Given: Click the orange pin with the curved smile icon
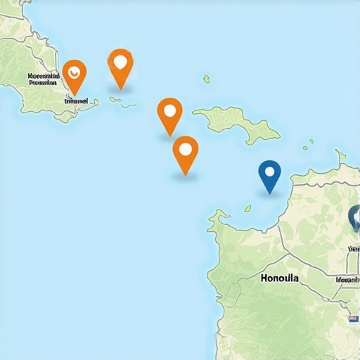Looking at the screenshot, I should tap(74, 72).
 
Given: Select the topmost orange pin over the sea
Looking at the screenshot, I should tap(121, 64).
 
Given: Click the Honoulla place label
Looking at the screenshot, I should tap(279, 278).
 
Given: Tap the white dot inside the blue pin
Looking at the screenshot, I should tap(269, 170).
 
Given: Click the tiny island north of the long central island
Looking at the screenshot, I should tap(207, 79).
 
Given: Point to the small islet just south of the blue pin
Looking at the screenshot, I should tap(247, 208).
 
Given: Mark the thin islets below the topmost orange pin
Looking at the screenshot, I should tap(122, 103).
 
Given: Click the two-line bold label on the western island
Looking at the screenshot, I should tap(43, 78).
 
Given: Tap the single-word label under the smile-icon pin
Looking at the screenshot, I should tap(76, 101).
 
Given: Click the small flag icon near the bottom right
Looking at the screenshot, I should tap(353, 319).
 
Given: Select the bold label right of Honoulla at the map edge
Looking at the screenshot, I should tap(348, 279).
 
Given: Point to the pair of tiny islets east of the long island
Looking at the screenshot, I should tap(308, 144).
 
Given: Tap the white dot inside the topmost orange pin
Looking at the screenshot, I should tap(121, 60).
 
